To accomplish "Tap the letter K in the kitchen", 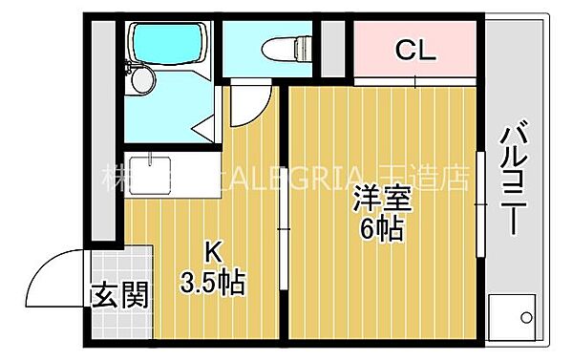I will coord(216,254).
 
